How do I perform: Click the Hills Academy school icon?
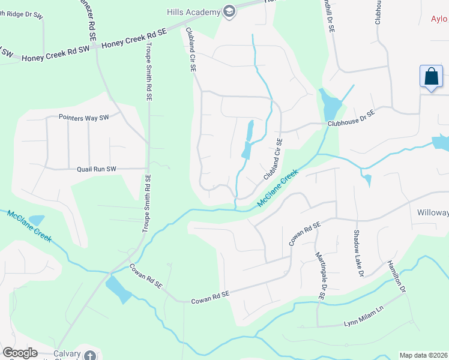pyautogui.click(x=229, y=11)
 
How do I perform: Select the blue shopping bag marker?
pyautogui.click(x=431, y=77)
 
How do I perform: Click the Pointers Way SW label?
pyautogui.click(x=84, y=118)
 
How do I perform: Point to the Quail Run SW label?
pyautogui.click(x=96, y=169)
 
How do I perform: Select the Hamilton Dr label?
pyautogui.click(x=397, y=277)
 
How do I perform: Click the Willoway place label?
pyautogui.click(x=433, y=212)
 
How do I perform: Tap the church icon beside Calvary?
pyautogui.click(x=90, y=355)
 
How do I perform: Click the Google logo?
pyautogui.click(x=20, y=353)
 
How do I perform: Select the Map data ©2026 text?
pyautogui.click(x=423, y=355)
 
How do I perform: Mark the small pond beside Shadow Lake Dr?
pyautogui.click(x=367, y=179)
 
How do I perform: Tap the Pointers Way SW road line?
pyautogui.click(x=36, y=118)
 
